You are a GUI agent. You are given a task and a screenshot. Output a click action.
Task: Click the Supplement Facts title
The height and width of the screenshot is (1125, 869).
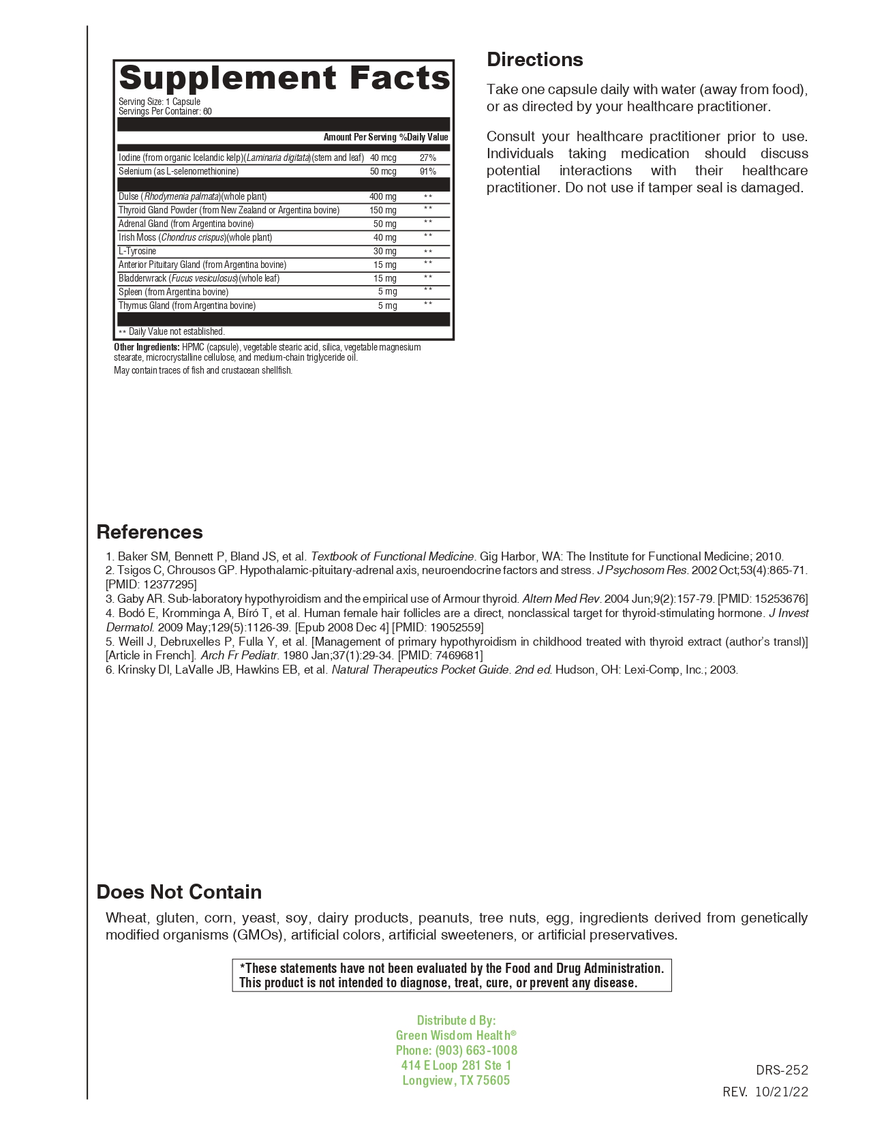[x=284, y=78]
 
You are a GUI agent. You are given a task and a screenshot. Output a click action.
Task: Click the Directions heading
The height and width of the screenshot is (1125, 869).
[x=535, y=60]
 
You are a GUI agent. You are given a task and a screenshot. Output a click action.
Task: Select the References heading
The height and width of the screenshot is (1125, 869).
[x=150, y=532]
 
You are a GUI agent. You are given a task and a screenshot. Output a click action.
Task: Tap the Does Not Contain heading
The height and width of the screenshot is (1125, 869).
[x=179, y=892]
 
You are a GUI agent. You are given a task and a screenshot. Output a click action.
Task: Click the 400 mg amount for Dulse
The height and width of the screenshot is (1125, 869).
[x=383, y=196]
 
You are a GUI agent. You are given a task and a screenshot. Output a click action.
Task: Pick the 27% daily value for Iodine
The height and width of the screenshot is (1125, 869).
[x=428, y=157]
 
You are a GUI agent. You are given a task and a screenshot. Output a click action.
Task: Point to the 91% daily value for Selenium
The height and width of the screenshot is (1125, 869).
[x=428, y=171]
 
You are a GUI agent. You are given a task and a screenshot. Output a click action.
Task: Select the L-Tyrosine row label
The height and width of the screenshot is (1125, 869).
[x=138, y=251]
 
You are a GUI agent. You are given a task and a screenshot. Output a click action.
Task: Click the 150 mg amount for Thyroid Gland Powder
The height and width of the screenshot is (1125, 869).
[x=383, y=210]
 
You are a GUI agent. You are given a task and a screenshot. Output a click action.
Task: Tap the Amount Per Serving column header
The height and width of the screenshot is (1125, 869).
[x=360, y=137]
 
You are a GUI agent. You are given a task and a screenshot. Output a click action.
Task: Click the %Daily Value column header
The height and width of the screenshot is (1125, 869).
[x=424, y=137]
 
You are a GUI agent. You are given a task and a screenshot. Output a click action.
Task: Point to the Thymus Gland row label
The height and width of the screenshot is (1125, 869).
[x=187, y=305]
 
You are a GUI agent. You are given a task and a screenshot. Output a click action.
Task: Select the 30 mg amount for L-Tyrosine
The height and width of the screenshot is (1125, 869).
[x=385, y=251]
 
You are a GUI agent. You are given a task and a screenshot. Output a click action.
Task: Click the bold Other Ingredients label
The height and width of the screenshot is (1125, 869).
[x=147, y=347]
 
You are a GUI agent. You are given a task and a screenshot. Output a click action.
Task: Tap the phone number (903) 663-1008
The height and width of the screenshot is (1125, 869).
[x=476, y=1050]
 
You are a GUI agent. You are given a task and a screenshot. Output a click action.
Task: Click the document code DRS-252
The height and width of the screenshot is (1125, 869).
[x=782, y=1070]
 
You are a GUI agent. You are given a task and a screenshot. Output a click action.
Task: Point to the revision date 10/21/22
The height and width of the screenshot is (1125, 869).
[x=782, y=1092]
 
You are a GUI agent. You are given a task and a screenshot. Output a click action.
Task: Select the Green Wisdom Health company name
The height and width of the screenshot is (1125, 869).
[x=453, y=1035]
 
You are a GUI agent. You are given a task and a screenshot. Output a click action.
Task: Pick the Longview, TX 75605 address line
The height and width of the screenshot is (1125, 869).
[x=456, y=1080]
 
